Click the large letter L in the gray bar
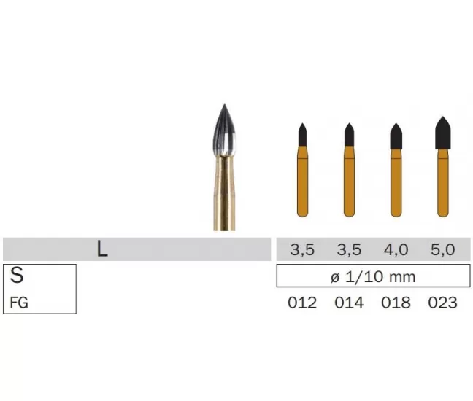click(102, 249)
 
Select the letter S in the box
click(17, 275)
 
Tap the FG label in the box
click(19, 303)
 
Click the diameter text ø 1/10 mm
click(373, 276)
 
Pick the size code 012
click(302, 303)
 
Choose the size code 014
click(349, 303)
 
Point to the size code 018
click(396, 303)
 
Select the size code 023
click(442, 303)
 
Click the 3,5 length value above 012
click(302, 250)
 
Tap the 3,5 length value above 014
click(349, 250)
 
